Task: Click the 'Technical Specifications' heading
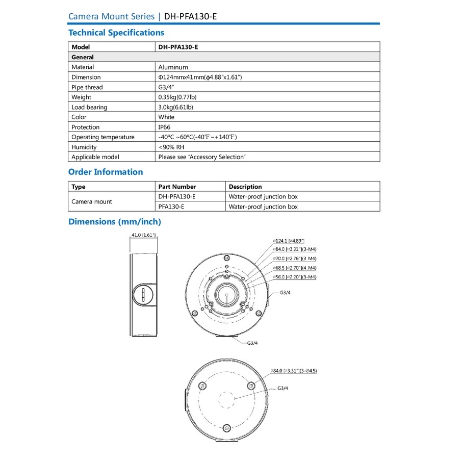[116, 33]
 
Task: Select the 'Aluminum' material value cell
[173, 67]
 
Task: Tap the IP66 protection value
[165, 127]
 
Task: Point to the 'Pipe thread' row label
[87, 87]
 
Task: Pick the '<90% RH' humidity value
[171, 147]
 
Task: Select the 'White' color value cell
[166, 117]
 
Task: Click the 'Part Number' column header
[177, 187]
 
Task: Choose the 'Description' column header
[245, 187]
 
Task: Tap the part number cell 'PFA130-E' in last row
[171, 207]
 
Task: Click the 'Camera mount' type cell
[92, 201]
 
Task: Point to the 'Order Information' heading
[106, 172]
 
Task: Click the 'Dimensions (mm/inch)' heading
[115, 222]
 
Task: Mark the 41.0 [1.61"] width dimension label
[143, 235]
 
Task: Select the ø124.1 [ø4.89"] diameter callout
[289, 240]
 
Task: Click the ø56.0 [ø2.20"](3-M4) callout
[295, 277]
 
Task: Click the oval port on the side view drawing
[143, 295]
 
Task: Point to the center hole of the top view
[225, 294]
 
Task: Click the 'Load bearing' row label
[89, 107]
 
